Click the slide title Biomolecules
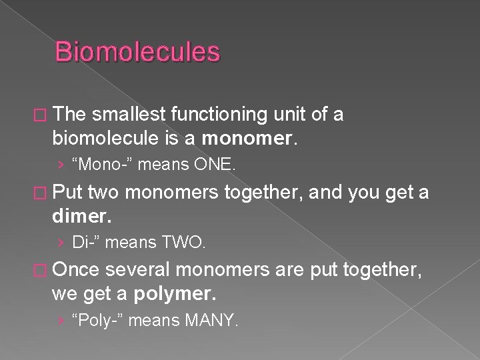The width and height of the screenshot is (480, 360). point(137,52)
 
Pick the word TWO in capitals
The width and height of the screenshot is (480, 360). point(186,243)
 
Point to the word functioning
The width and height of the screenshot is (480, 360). point(220,115)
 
